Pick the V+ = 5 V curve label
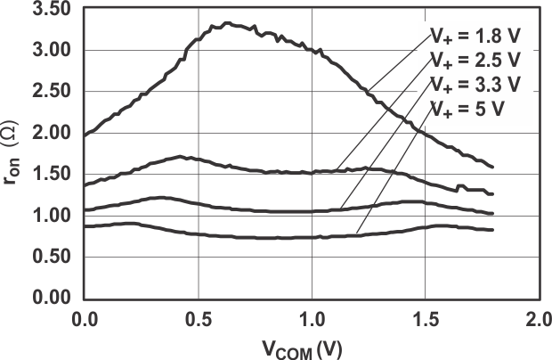pyautogui.click(x=464, y=109)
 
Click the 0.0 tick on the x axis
pyautogui.click(x=85, y=318)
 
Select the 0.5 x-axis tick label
pyautogui.click(x=199, y=318)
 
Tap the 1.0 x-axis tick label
pyautogui.click(x=312, y=318)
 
